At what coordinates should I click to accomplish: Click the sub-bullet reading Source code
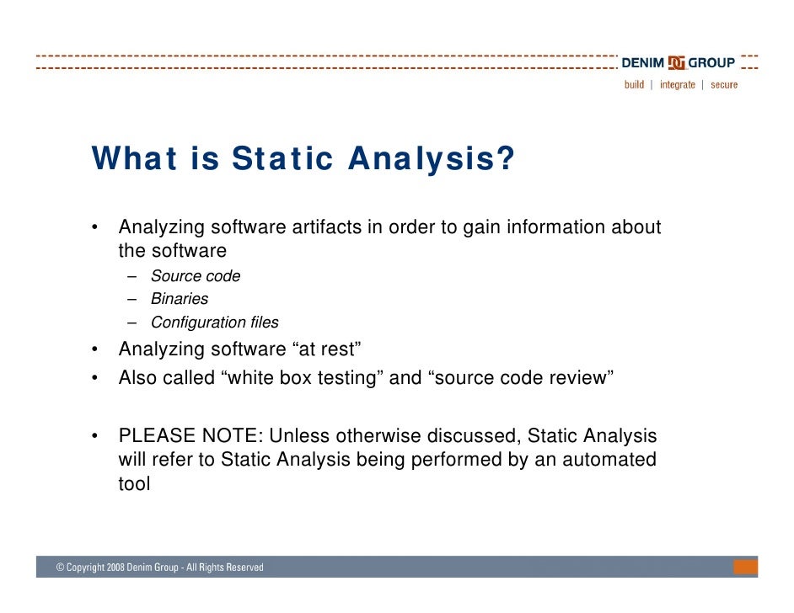[195, 276]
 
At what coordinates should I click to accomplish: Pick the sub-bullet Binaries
[179, 299]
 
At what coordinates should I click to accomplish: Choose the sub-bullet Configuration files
[214, 322]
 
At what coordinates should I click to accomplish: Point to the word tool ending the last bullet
[134, 484]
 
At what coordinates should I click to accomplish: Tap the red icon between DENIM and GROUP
[676, 63]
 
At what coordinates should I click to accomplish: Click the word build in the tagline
[634, 85]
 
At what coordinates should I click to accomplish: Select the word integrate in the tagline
[678, 85]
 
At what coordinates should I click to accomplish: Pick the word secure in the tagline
[724, 85]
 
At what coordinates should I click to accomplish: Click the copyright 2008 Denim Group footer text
[159, 568]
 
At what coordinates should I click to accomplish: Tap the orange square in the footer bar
[746, 568]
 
